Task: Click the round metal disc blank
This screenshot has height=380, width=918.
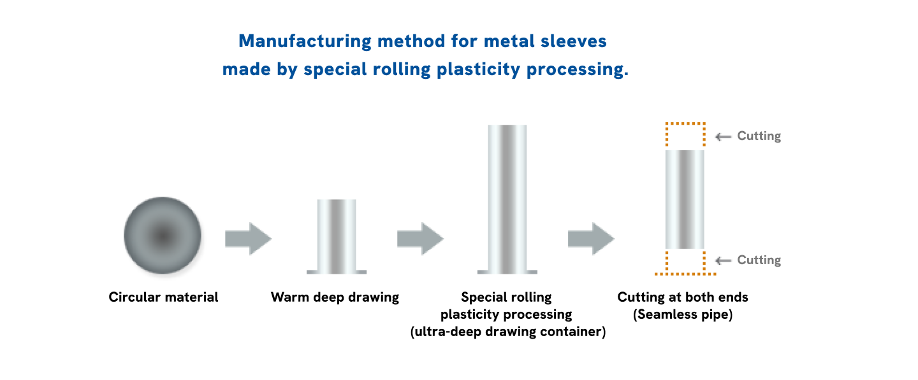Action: point(163,236)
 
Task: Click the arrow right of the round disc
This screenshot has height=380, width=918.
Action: point(248,239)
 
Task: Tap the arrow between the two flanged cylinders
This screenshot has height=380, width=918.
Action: point(420,239)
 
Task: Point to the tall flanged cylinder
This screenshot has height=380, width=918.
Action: point(507,197)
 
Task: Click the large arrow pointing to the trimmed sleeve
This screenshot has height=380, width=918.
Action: point(591,239)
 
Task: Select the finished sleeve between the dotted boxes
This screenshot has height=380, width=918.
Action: point(685,199)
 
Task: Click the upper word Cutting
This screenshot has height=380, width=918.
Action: point(759,136)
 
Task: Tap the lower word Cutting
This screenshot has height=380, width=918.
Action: point(759,260)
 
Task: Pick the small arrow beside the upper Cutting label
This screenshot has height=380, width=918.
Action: point(723,137)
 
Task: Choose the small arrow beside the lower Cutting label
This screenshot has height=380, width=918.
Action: point(723,260)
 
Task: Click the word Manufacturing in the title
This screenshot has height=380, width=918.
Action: point(304,42)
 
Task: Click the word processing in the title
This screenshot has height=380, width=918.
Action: point(577,70)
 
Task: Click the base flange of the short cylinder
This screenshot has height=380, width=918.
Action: point(337,272)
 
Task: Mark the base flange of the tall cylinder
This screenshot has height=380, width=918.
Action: point(507,272)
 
